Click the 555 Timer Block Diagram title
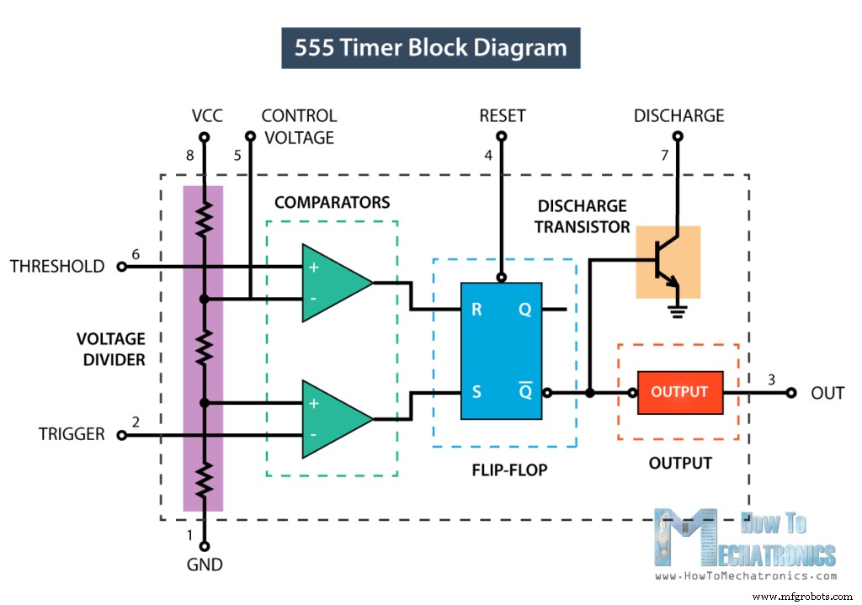430,48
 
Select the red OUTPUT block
679,392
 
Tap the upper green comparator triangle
333,283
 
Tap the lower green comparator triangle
333,419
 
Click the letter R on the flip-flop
476,310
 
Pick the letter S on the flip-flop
476,392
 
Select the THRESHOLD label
57,267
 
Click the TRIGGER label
72,434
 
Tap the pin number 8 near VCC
190,155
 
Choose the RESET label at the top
502,116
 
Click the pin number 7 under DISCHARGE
664,155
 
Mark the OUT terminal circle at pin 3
790,392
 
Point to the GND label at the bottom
205,565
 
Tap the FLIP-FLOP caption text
508,470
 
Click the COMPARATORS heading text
332,203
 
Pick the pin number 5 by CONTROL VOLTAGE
237,155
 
